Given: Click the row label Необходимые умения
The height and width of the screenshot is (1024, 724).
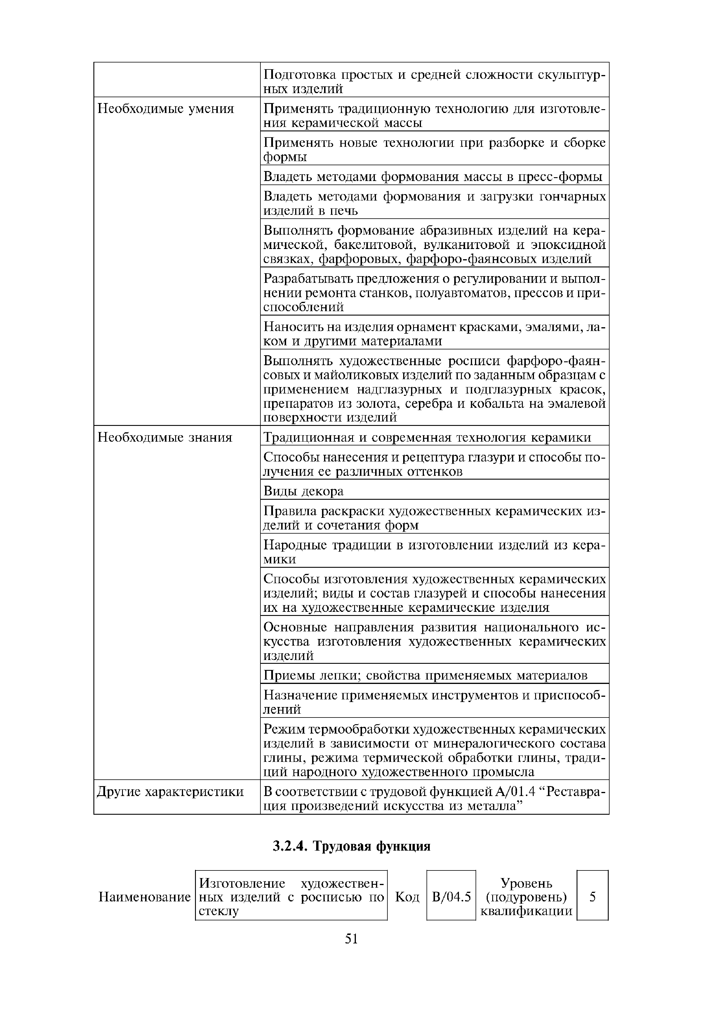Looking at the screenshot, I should click(166, 109).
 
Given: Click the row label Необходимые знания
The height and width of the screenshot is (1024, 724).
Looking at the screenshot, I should click(165, 438).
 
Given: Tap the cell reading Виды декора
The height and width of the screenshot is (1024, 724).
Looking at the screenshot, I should click(303, 491).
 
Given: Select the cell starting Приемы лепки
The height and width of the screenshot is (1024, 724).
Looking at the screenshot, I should click(425, 675).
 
